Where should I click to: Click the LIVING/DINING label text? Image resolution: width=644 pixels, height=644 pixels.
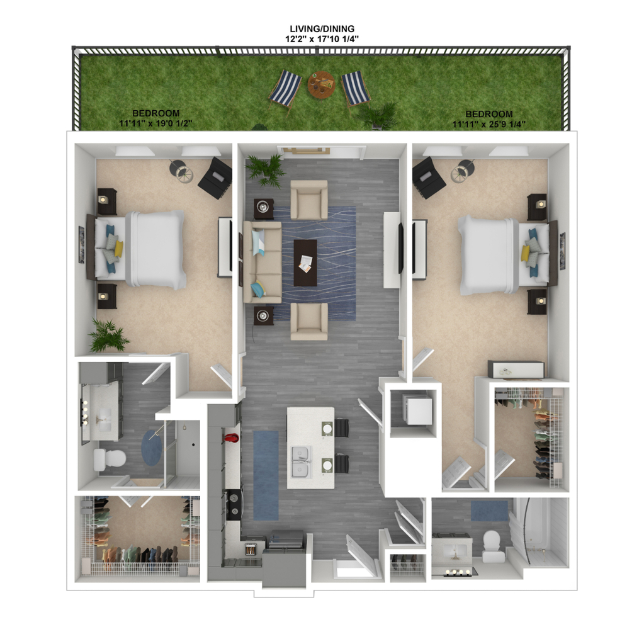point(322,29)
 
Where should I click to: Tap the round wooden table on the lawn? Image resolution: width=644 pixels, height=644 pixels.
point(321,85)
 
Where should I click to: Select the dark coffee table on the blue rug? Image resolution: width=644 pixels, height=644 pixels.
point(305,263)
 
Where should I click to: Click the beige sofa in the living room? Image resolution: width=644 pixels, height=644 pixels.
point(262,262)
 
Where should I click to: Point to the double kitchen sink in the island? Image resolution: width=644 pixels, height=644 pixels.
point(301,462)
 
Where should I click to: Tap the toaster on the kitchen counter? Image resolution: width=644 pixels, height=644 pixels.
point(251,549)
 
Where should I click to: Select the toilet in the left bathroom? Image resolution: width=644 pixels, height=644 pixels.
point(110,460)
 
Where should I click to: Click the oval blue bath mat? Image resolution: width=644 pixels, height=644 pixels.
point(152,447)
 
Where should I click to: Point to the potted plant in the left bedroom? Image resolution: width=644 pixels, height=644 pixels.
point(108,336)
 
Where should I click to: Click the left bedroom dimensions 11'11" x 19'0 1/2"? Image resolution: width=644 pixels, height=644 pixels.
point(155,123)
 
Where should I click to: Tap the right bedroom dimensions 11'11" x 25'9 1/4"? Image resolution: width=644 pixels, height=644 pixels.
point(489,123)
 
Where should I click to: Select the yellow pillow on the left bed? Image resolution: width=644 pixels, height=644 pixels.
point(119,249)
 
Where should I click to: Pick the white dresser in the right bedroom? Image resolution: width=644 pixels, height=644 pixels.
point(516,370)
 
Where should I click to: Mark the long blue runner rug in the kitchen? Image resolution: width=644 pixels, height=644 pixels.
point(266,475)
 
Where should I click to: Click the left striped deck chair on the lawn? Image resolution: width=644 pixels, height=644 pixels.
point(285,89)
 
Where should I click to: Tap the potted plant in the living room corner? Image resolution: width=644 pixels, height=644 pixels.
point(266,169)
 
